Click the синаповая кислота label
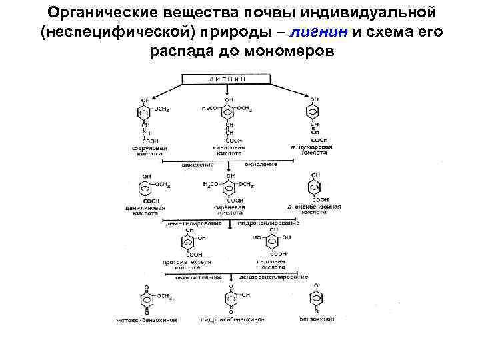coord(231,150)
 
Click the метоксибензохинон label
coord(145,319)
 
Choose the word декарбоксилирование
coord(275,276)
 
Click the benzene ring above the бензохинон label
coord(316,298)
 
